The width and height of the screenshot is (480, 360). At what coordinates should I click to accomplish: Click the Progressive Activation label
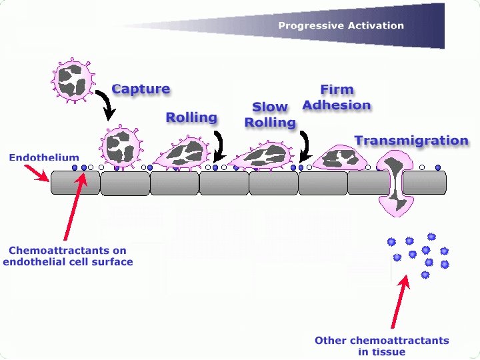pyautogui.click(x=341, y=26)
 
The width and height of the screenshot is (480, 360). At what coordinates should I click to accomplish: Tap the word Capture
pyautogui.click(x=141, y=89)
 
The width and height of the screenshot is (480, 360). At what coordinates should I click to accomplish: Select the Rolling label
pyautogui.click(x=191, y=117)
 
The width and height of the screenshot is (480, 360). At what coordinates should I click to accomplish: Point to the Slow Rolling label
pyautogui.click(x=270, y=115)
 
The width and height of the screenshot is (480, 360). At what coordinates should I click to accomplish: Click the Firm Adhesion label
pyautogui.click(x=337, y=97)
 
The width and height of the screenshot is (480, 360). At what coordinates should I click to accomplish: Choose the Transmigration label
pyautogui.click(x=411, y=141)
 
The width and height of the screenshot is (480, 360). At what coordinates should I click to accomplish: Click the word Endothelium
pyautogui.click(x=44, y=158)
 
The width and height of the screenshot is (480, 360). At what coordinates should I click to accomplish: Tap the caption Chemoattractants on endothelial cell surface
pyautogui.click(x=67, y=256)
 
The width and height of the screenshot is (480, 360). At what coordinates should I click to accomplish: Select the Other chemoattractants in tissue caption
pyautogui.click(x=381, y=346)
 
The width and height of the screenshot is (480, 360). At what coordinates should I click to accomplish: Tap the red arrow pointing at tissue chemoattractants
pyautogui.click(x=399, y=304)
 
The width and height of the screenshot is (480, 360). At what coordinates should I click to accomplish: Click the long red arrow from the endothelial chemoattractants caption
pyautogui.click(x=73, y=207)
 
